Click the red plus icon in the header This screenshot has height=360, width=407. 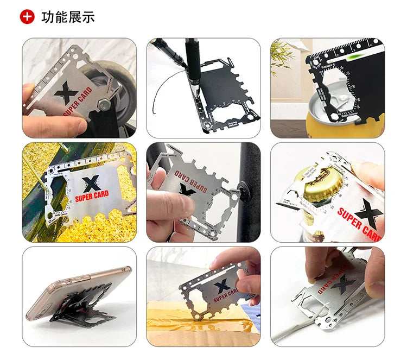click(27, 16)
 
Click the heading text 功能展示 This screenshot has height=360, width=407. click(68, 17)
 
